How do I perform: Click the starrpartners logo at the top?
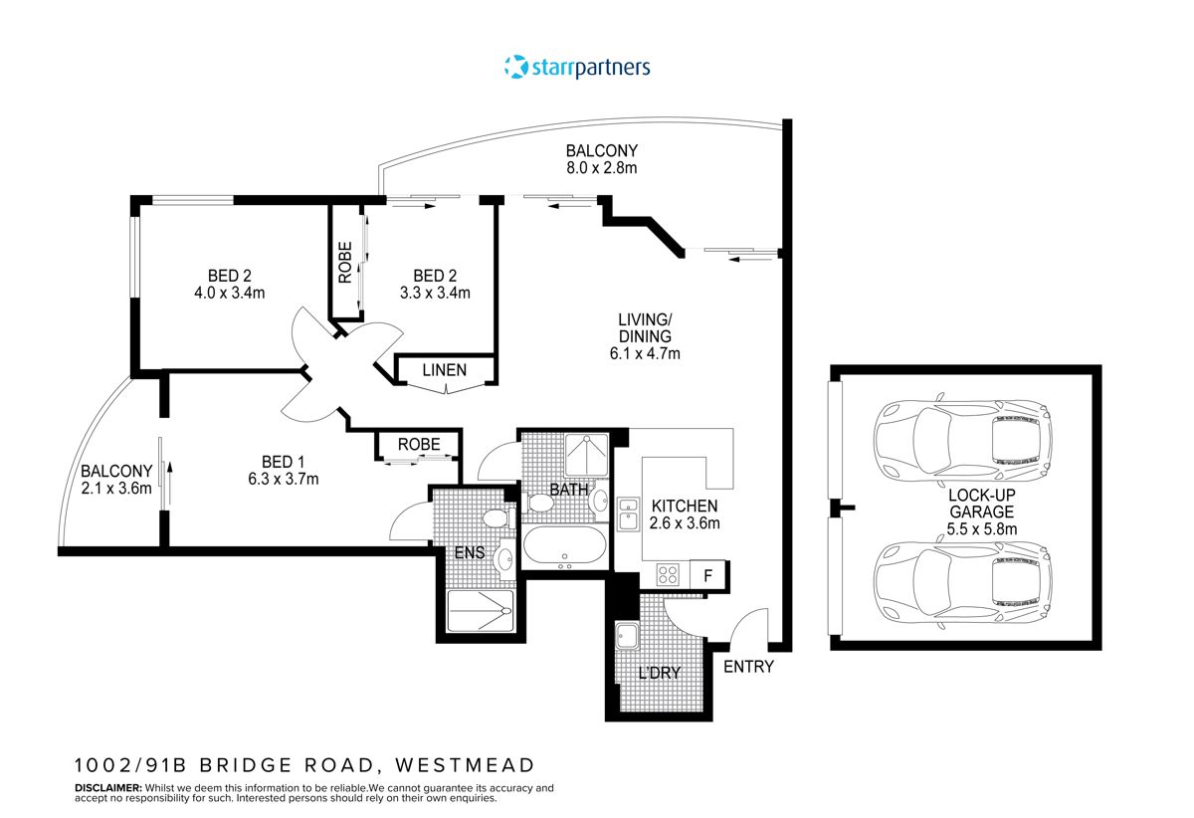click(577, 68)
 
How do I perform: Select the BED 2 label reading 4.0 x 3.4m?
click(236, 284)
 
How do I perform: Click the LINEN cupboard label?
click(444, 370)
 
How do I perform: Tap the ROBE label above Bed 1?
click(418, 444)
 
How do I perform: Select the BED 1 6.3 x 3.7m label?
click(284, 470)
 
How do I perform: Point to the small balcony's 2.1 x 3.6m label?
click(116, 479)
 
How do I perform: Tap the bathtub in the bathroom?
click(562, 546)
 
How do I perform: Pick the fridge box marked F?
click(708, 575)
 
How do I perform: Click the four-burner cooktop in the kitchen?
click(669, 574)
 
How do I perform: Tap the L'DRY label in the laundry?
click(659, 673)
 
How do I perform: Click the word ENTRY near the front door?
click(748, 667)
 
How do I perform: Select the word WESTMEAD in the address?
click(465, 765)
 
